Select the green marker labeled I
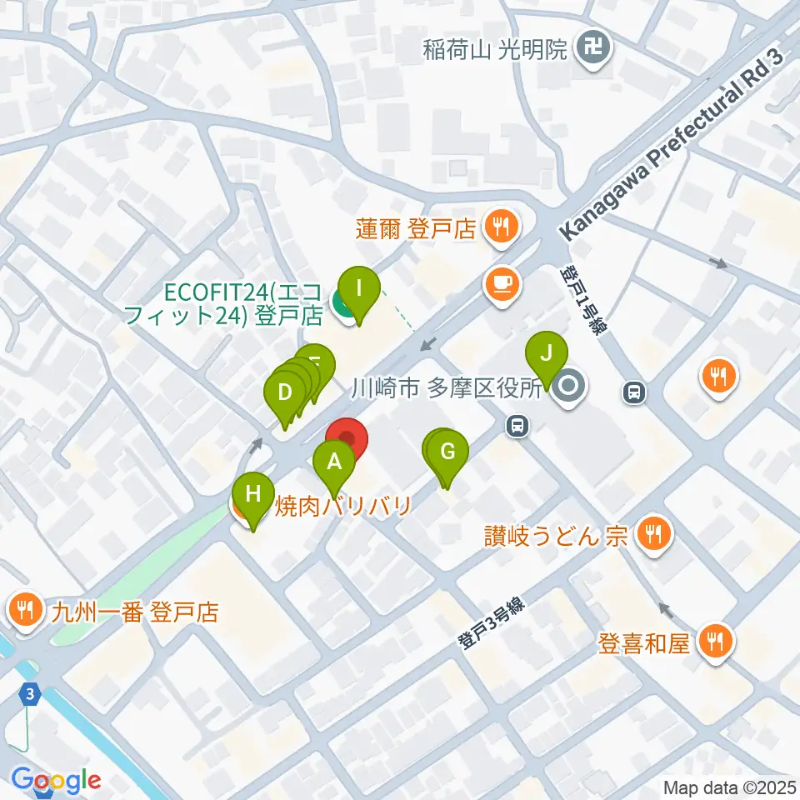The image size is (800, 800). pyautogui.click(x=359, y=289)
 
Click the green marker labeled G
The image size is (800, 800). pyautogui.click(x=447, y=453)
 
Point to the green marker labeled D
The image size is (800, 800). pyautogui.click(x=284, y=392)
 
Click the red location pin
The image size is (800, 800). pyautogui.click(x=346, y=439)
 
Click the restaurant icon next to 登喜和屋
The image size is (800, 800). pyautogui.click(x=716, y=640)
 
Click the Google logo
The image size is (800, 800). pyautogui.click(x=56, y=781)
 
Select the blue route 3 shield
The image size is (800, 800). pyautogui.click(x=30, y=693)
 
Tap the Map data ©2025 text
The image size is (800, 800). pyautogui.click(x=727, y=787)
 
